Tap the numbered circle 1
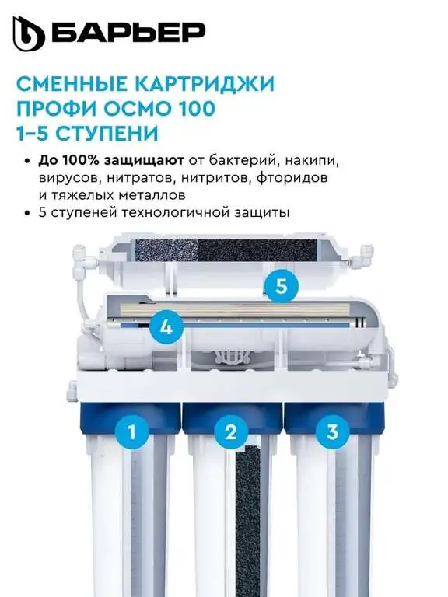click(131, 431)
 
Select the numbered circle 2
click(229, 432)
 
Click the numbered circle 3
click(331, 431)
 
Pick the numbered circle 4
click(164, 327)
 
